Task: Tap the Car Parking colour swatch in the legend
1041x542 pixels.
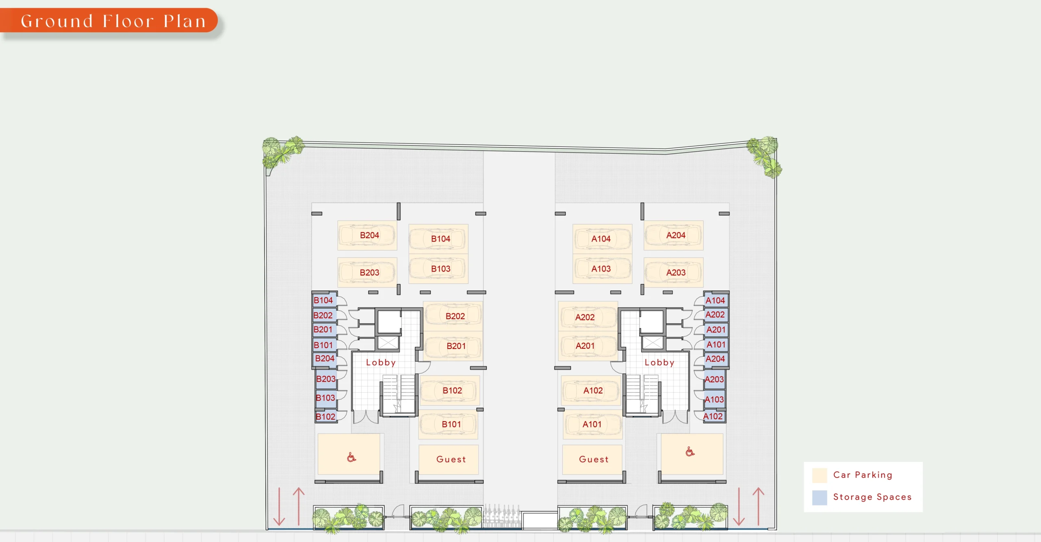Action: pos(819,475)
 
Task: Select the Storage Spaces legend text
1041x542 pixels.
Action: pos(872,497)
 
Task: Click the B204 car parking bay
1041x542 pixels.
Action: pos(367,235)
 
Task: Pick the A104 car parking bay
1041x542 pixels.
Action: pos(602,239)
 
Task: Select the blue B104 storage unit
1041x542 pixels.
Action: pos(324,300)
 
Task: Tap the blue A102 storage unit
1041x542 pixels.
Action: pos(714,416)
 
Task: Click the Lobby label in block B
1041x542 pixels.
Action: pos(381,362)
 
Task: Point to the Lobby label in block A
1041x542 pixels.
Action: pos(659,362)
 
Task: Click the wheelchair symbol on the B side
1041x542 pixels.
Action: pos(351,457)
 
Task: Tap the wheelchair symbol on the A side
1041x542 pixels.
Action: pos(690,451)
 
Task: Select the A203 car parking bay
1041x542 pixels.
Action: pos(673,272)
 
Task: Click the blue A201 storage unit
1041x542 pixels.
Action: pos(716,330)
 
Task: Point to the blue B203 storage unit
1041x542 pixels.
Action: pos(326,379)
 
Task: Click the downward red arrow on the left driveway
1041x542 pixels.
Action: pos(279,507)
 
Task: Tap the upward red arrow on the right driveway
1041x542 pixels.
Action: pos(758,507)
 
